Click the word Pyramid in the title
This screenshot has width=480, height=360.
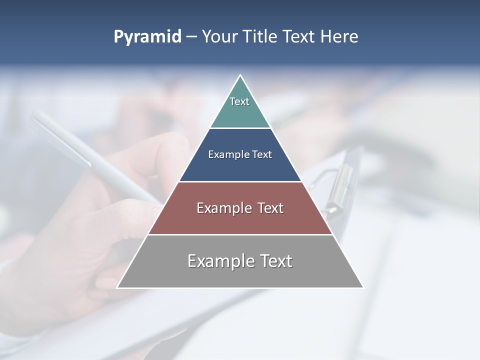(147, 37)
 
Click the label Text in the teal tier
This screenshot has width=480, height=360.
(239, 101)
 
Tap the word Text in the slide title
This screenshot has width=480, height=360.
(299, 37)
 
